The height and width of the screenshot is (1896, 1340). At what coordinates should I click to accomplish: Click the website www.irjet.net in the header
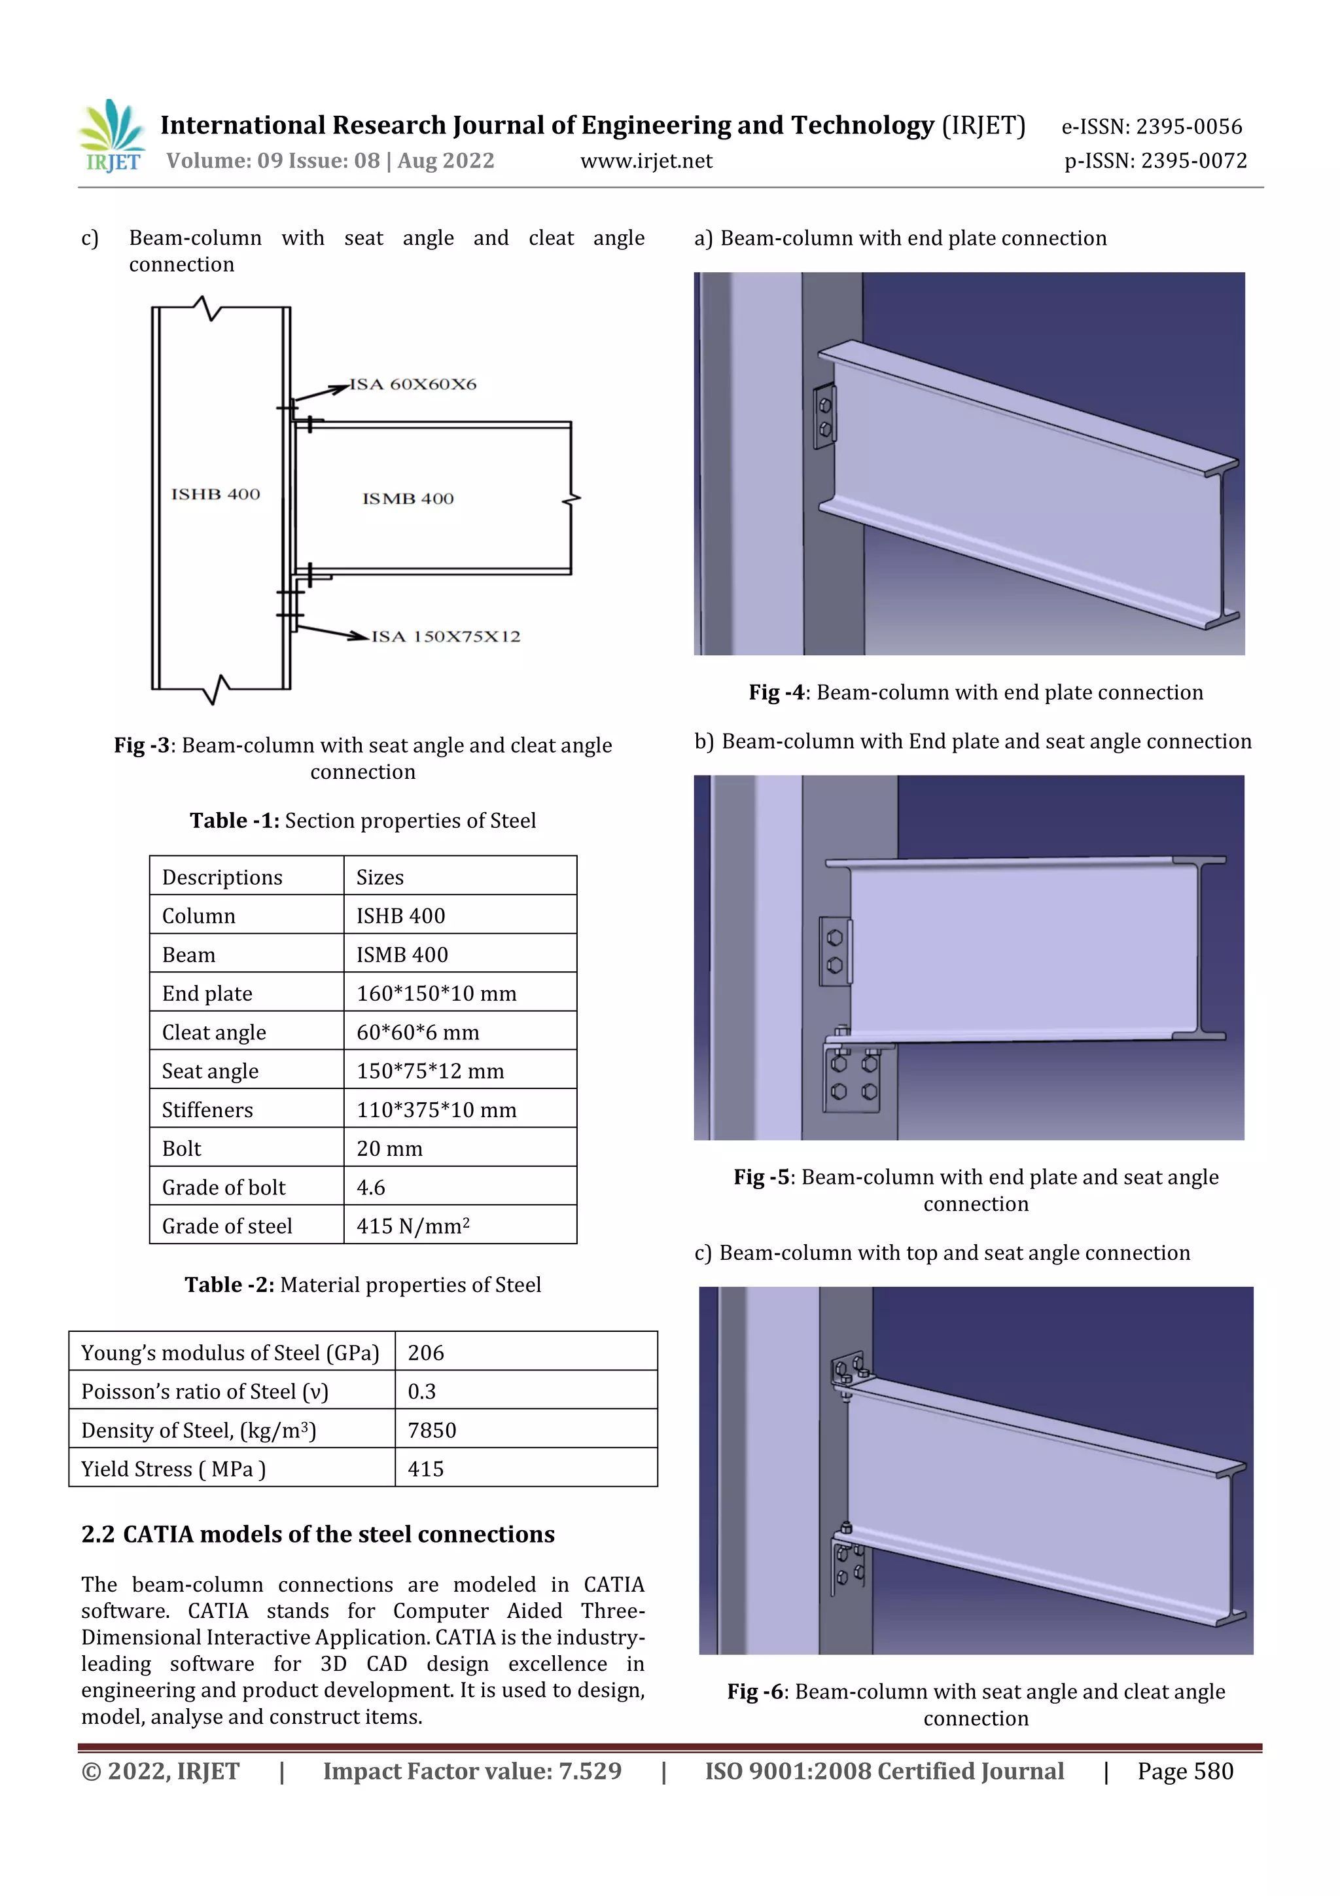(x=646, y=161)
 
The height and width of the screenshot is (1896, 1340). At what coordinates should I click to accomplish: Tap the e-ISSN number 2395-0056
(x=1188, y=126)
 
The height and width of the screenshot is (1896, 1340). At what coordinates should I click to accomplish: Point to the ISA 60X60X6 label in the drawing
(x=413, y=384)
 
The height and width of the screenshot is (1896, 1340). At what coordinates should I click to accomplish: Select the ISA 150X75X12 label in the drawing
(x=446, y=637)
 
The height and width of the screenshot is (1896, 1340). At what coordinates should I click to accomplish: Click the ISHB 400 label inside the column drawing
(x=215, y=494)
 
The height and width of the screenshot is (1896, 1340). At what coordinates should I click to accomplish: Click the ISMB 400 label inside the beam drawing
(x=408, y=499)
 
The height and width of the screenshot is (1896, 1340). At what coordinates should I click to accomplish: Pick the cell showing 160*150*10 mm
(x=436, y=993)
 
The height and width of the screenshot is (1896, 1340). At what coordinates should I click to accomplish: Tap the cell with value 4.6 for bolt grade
(x=371, y=1187)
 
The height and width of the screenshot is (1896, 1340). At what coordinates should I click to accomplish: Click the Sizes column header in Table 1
(x=379, y=877)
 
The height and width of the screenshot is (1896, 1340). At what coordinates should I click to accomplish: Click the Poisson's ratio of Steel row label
(x=205, y=1391)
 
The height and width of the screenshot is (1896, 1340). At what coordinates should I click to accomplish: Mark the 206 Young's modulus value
(x=426, y=1353)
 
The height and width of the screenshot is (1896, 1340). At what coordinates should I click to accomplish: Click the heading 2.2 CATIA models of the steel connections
(x=318, y=1533)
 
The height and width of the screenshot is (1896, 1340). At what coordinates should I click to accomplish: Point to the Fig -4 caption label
(x=775, y=692)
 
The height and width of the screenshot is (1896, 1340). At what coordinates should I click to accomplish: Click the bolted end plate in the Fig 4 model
(x=824, y=417)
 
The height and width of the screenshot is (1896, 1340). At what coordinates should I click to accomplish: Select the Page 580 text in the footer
(x=1185, y=1770)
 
